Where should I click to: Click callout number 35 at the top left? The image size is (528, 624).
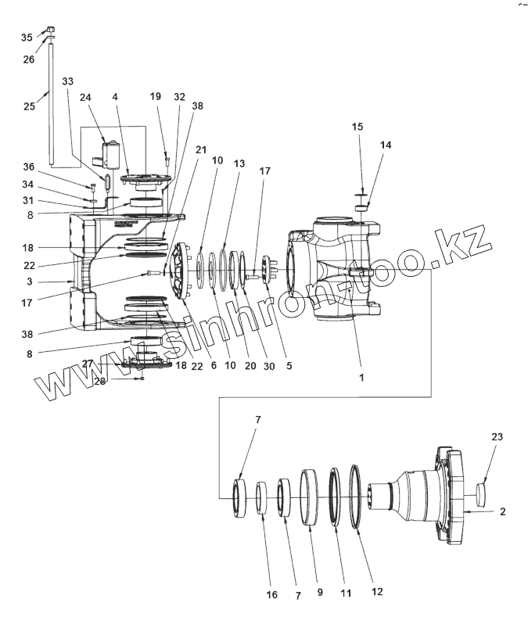click(27, 38)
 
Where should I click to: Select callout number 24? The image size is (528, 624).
click(85, 98)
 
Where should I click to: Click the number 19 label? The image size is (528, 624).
click(156, 96)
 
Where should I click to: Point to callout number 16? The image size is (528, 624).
click(271, 595)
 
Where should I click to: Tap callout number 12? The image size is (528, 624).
click(378, 592)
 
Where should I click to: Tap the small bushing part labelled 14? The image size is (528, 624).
click(361, 207)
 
